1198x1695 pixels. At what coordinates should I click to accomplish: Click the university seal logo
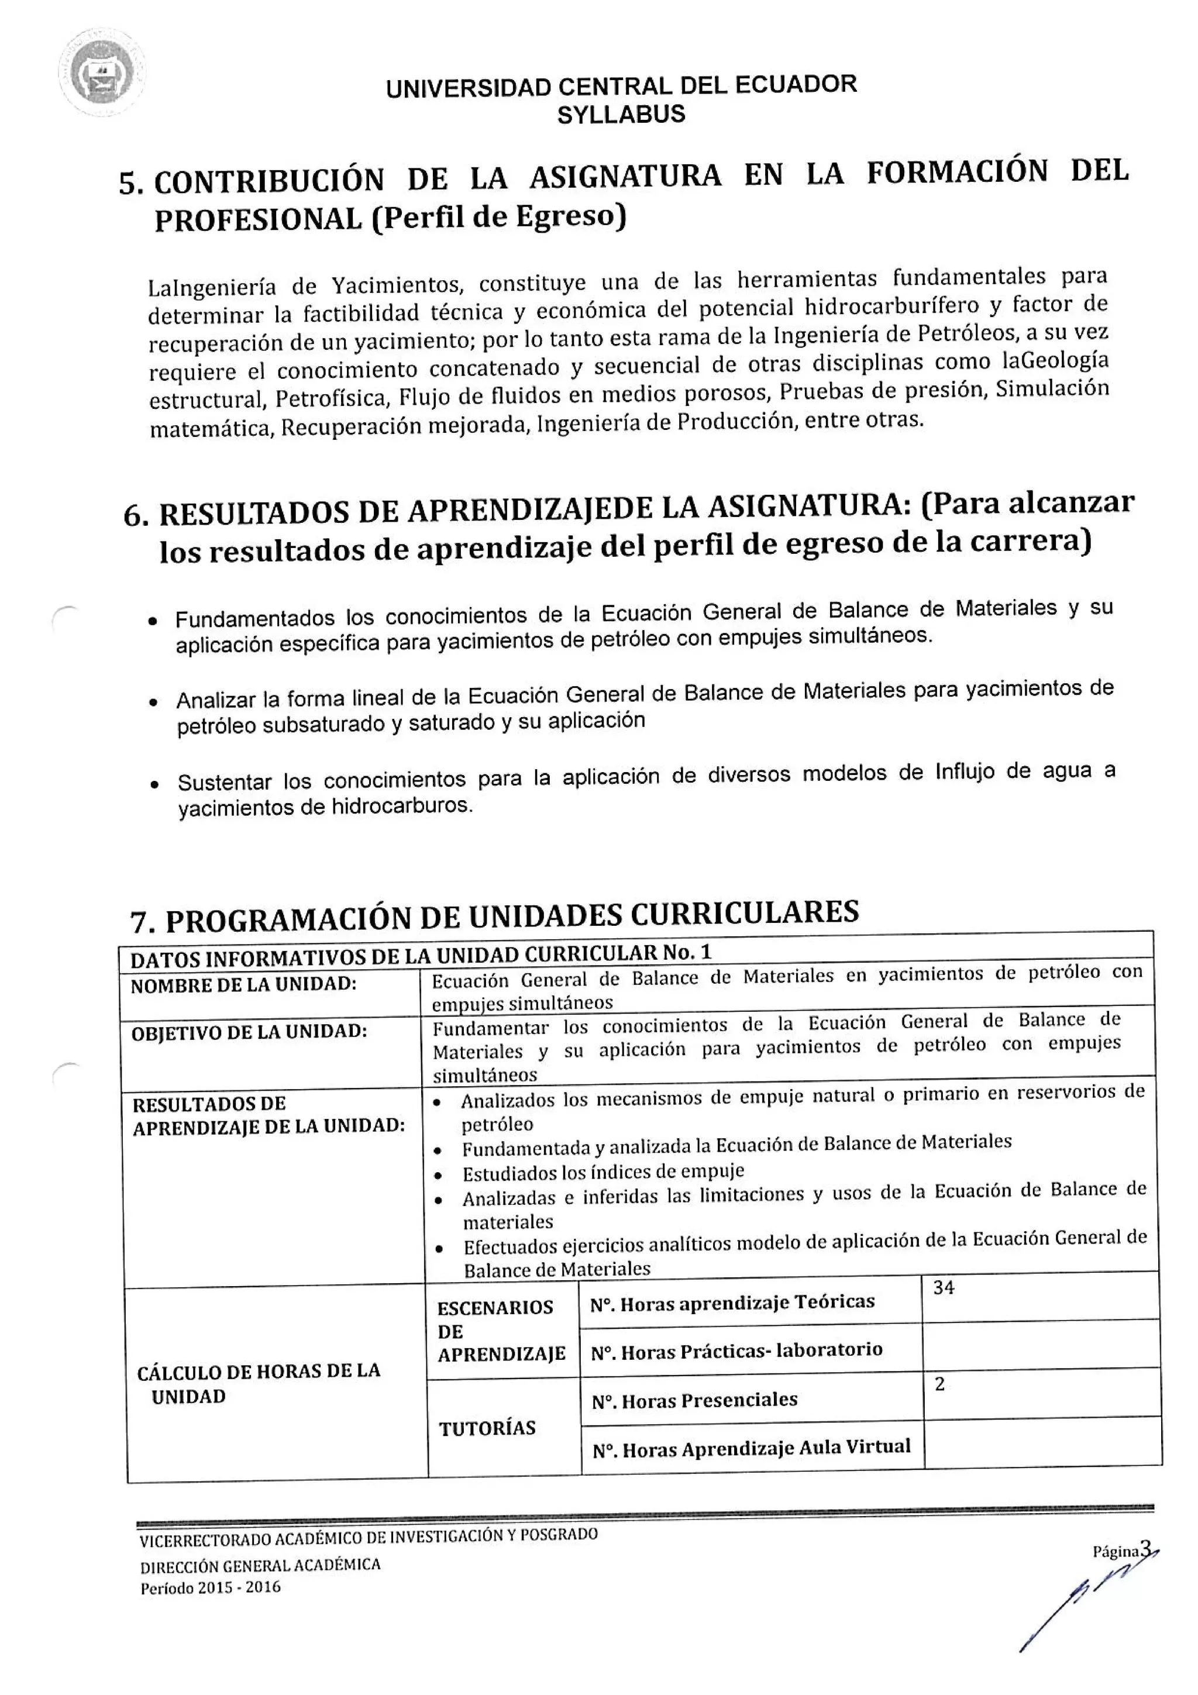(101, 74)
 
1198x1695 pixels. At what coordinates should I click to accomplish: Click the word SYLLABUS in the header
(621, 115)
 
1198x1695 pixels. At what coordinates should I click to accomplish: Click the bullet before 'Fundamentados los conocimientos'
(153, 622)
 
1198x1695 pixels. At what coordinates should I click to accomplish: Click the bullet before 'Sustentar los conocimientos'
(154, 786)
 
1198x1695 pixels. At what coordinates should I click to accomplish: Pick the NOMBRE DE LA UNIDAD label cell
(243, 985)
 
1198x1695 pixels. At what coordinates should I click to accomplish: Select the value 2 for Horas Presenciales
(939, 1384)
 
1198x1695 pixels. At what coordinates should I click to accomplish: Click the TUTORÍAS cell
(487, 1428)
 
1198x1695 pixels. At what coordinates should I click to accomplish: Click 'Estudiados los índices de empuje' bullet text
(603, 1172)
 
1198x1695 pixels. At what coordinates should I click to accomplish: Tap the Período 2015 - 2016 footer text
(211, 1587)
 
